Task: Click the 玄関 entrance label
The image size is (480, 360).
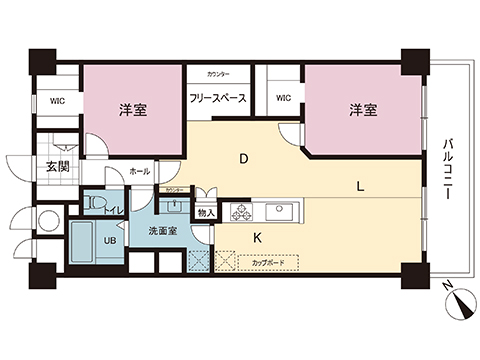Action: click(57, 167)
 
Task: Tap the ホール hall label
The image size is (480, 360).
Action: click(140, 171)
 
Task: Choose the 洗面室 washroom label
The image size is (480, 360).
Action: click(165, 232)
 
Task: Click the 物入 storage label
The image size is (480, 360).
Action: click(206, 212)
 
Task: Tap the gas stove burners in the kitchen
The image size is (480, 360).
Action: click(242, 213)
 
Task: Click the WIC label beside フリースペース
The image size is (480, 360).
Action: click(283, 98)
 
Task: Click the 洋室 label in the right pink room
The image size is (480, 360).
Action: click(363, 110)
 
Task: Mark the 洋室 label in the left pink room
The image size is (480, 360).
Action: click(133, 110)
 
